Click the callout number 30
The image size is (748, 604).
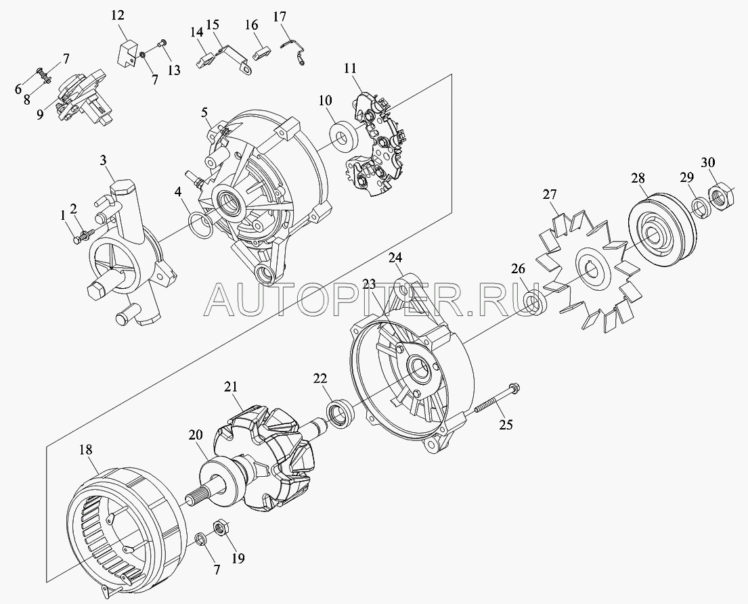[708, 162]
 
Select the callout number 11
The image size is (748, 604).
[351, 68]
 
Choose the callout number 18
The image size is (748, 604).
[87, 450]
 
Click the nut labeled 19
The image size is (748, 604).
[221, 528]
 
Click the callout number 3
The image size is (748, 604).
[103, 161]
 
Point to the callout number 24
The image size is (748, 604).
[395, 258]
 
